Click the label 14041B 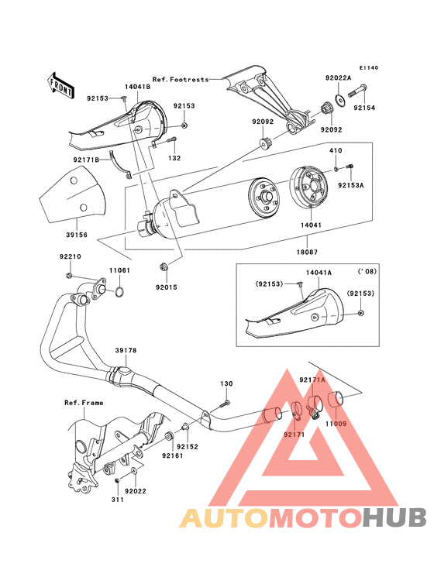click(x=136, y=88)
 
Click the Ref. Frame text click(x=84, y=403)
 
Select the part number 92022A click(x=338, y=78)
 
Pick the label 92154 click(x=364, y=108)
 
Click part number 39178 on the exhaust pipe click(x=126, y=351)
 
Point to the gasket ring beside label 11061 click(x=121, y=293)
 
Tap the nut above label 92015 click(x=164, y=267)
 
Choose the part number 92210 click(x=70, y=256)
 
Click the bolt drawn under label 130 click(x=225, y=402)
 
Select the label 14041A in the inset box click(x=319, y=273)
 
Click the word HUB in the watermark click(x=395, y=517)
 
